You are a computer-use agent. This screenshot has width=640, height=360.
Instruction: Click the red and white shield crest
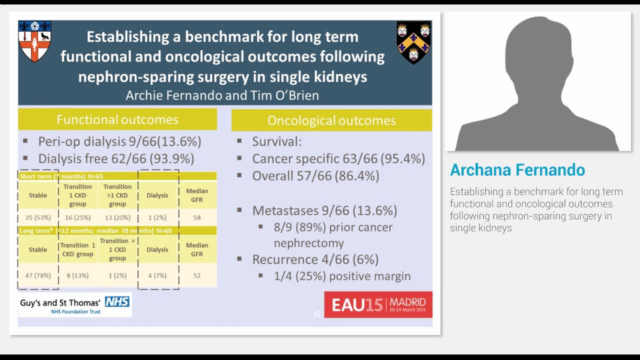click(x=34, y=41)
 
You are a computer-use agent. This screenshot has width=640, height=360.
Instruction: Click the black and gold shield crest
click(x=413, y=42)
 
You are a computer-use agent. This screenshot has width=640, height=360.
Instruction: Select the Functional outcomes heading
click(x=117, y=120)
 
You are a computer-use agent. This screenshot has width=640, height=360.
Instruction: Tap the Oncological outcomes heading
click(x=331, y=120)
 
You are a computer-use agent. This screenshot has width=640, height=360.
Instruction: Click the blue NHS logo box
click(x=117, y=301)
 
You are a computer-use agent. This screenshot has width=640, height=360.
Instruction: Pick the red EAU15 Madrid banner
click(x=378, y=304)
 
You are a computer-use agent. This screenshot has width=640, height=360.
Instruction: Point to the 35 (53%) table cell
click(x=38, y=217)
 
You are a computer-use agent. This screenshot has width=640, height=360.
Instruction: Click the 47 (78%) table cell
click(x=38, y=275)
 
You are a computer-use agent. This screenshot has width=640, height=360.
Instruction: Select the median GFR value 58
click(x=197, y=217)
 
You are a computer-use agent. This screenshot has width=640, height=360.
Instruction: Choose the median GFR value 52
click(x=197, y=275)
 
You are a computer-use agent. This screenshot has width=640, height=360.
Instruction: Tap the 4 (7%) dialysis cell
click(x=157, y=275)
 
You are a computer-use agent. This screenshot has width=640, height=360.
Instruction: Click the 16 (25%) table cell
click(x=77, y=217)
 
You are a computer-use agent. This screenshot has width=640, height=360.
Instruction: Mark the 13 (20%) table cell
click(x=117, y=217)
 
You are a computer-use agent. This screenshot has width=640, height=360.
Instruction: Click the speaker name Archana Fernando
click(x=517, y=170)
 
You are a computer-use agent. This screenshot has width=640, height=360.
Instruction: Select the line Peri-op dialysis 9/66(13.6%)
click(x=119, y=141)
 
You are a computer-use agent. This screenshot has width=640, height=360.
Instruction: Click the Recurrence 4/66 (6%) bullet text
click(x=315, y=259)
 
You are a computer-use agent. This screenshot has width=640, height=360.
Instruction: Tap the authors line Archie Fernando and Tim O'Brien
click(x=222, y=95)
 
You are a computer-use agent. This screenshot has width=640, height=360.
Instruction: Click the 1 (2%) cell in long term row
click(x=117, y=275)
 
